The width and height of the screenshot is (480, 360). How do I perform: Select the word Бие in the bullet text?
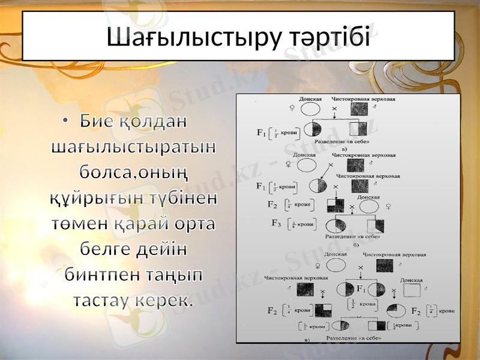coord(97,121)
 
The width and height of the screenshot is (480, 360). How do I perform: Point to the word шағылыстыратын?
coord(134,146)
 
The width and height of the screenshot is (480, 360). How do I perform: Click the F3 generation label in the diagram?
coord(277,224)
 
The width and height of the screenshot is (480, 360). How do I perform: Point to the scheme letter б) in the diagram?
coord(356,244)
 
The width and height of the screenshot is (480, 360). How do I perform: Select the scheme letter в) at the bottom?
coord(307,341)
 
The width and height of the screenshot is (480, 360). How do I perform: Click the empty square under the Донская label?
coord(412,291)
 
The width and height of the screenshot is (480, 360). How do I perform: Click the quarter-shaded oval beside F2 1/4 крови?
coord(397,310)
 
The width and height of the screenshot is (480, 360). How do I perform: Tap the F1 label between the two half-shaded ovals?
coord(362,288)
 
